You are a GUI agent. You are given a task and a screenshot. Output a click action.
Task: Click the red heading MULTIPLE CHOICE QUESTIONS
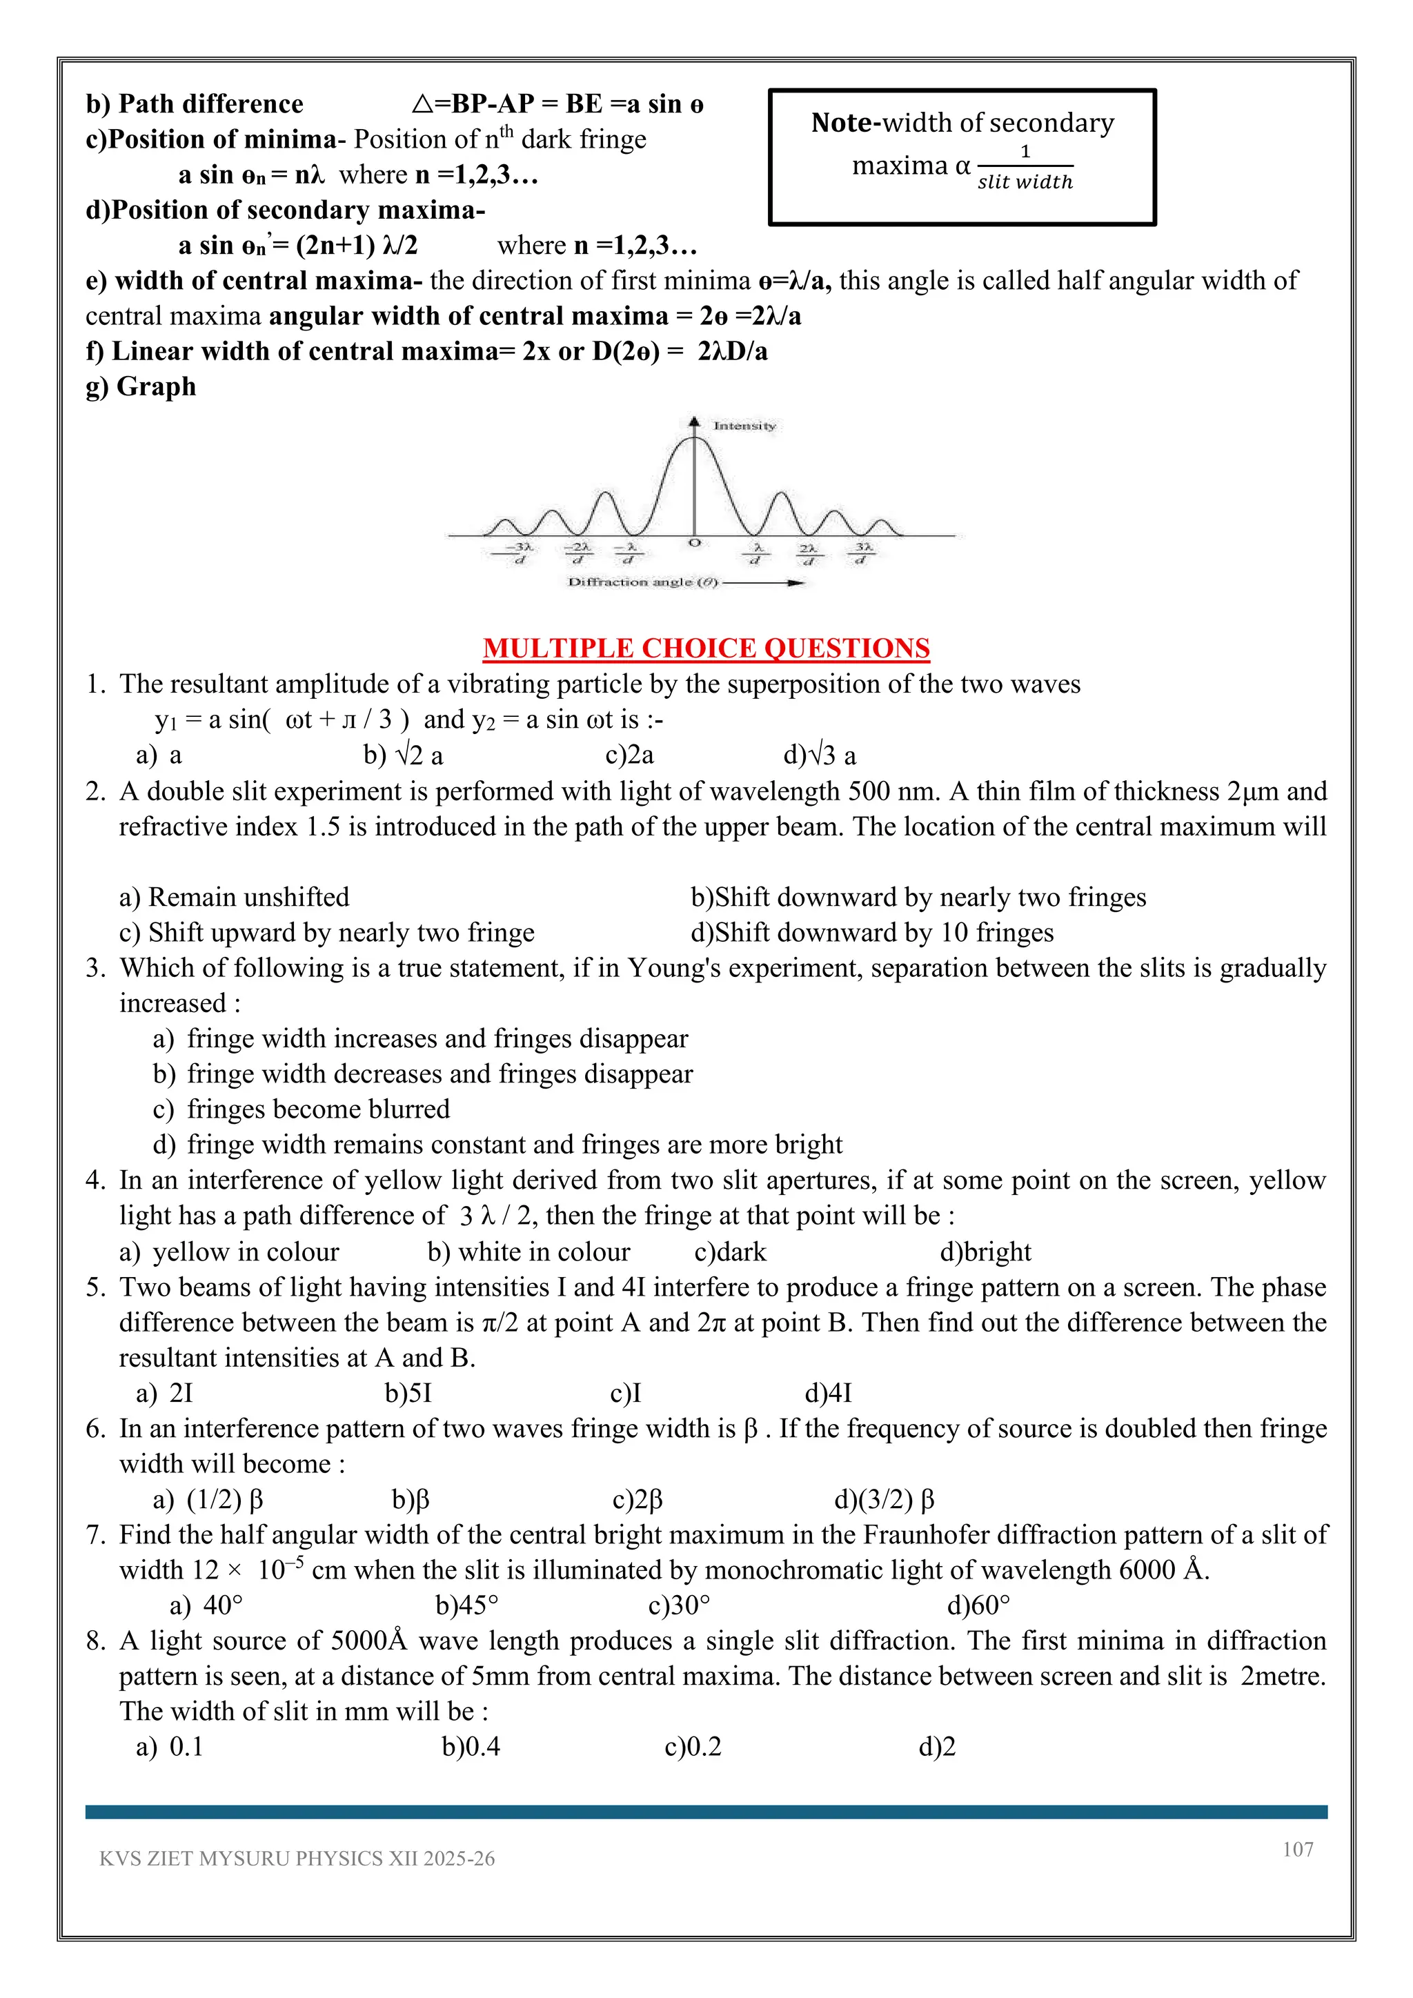tap(706, 649)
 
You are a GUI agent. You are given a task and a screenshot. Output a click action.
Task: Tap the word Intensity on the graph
tap(744, 426)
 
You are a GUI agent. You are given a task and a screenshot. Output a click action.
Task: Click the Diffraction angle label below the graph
tap(643, 582)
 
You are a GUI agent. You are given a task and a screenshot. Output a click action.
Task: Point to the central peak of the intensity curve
tap(693, 440)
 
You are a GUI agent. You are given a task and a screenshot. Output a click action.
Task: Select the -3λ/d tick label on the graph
tap(520, 553)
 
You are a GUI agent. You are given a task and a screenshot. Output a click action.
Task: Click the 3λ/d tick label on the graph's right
tap(862, 553)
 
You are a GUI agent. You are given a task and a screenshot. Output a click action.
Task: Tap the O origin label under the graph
tap(693, 543)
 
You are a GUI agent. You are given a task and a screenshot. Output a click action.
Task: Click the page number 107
tap(1297, 1849)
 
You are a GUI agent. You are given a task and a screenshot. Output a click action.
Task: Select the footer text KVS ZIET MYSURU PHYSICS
tap(297, 1859)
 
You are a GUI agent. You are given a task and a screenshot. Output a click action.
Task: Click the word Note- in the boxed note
tap(845, 123)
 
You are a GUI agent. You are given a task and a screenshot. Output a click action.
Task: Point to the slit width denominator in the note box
tap(1025, 182)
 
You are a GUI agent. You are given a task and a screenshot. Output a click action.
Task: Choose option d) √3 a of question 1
tap(820, 755)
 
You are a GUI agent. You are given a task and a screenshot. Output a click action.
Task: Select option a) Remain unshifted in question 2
tap(234, 897)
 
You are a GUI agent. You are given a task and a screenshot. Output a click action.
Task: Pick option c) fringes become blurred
tap(302, 1109)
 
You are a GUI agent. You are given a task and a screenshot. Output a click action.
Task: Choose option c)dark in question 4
tap(730, 1252)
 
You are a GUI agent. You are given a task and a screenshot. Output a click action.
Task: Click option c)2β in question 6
tap(637, 1499)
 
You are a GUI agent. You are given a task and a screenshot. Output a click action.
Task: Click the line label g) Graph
tap(141, 386)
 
